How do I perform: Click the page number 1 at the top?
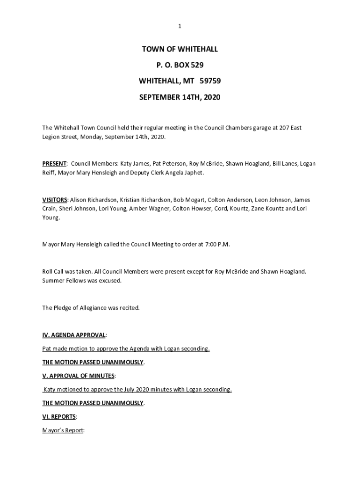(180, 27)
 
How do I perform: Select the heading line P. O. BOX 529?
(180, 65)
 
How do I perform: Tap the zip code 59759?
(210, 81)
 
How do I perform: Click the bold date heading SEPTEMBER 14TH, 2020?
(180, 97)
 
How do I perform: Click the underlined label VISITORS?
(55, 200)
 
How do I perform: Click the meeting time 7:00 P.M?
(217, 244)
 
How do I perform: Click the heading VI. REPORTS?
(59, 416)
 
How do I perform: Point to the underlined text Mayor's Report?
(63, 430)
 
